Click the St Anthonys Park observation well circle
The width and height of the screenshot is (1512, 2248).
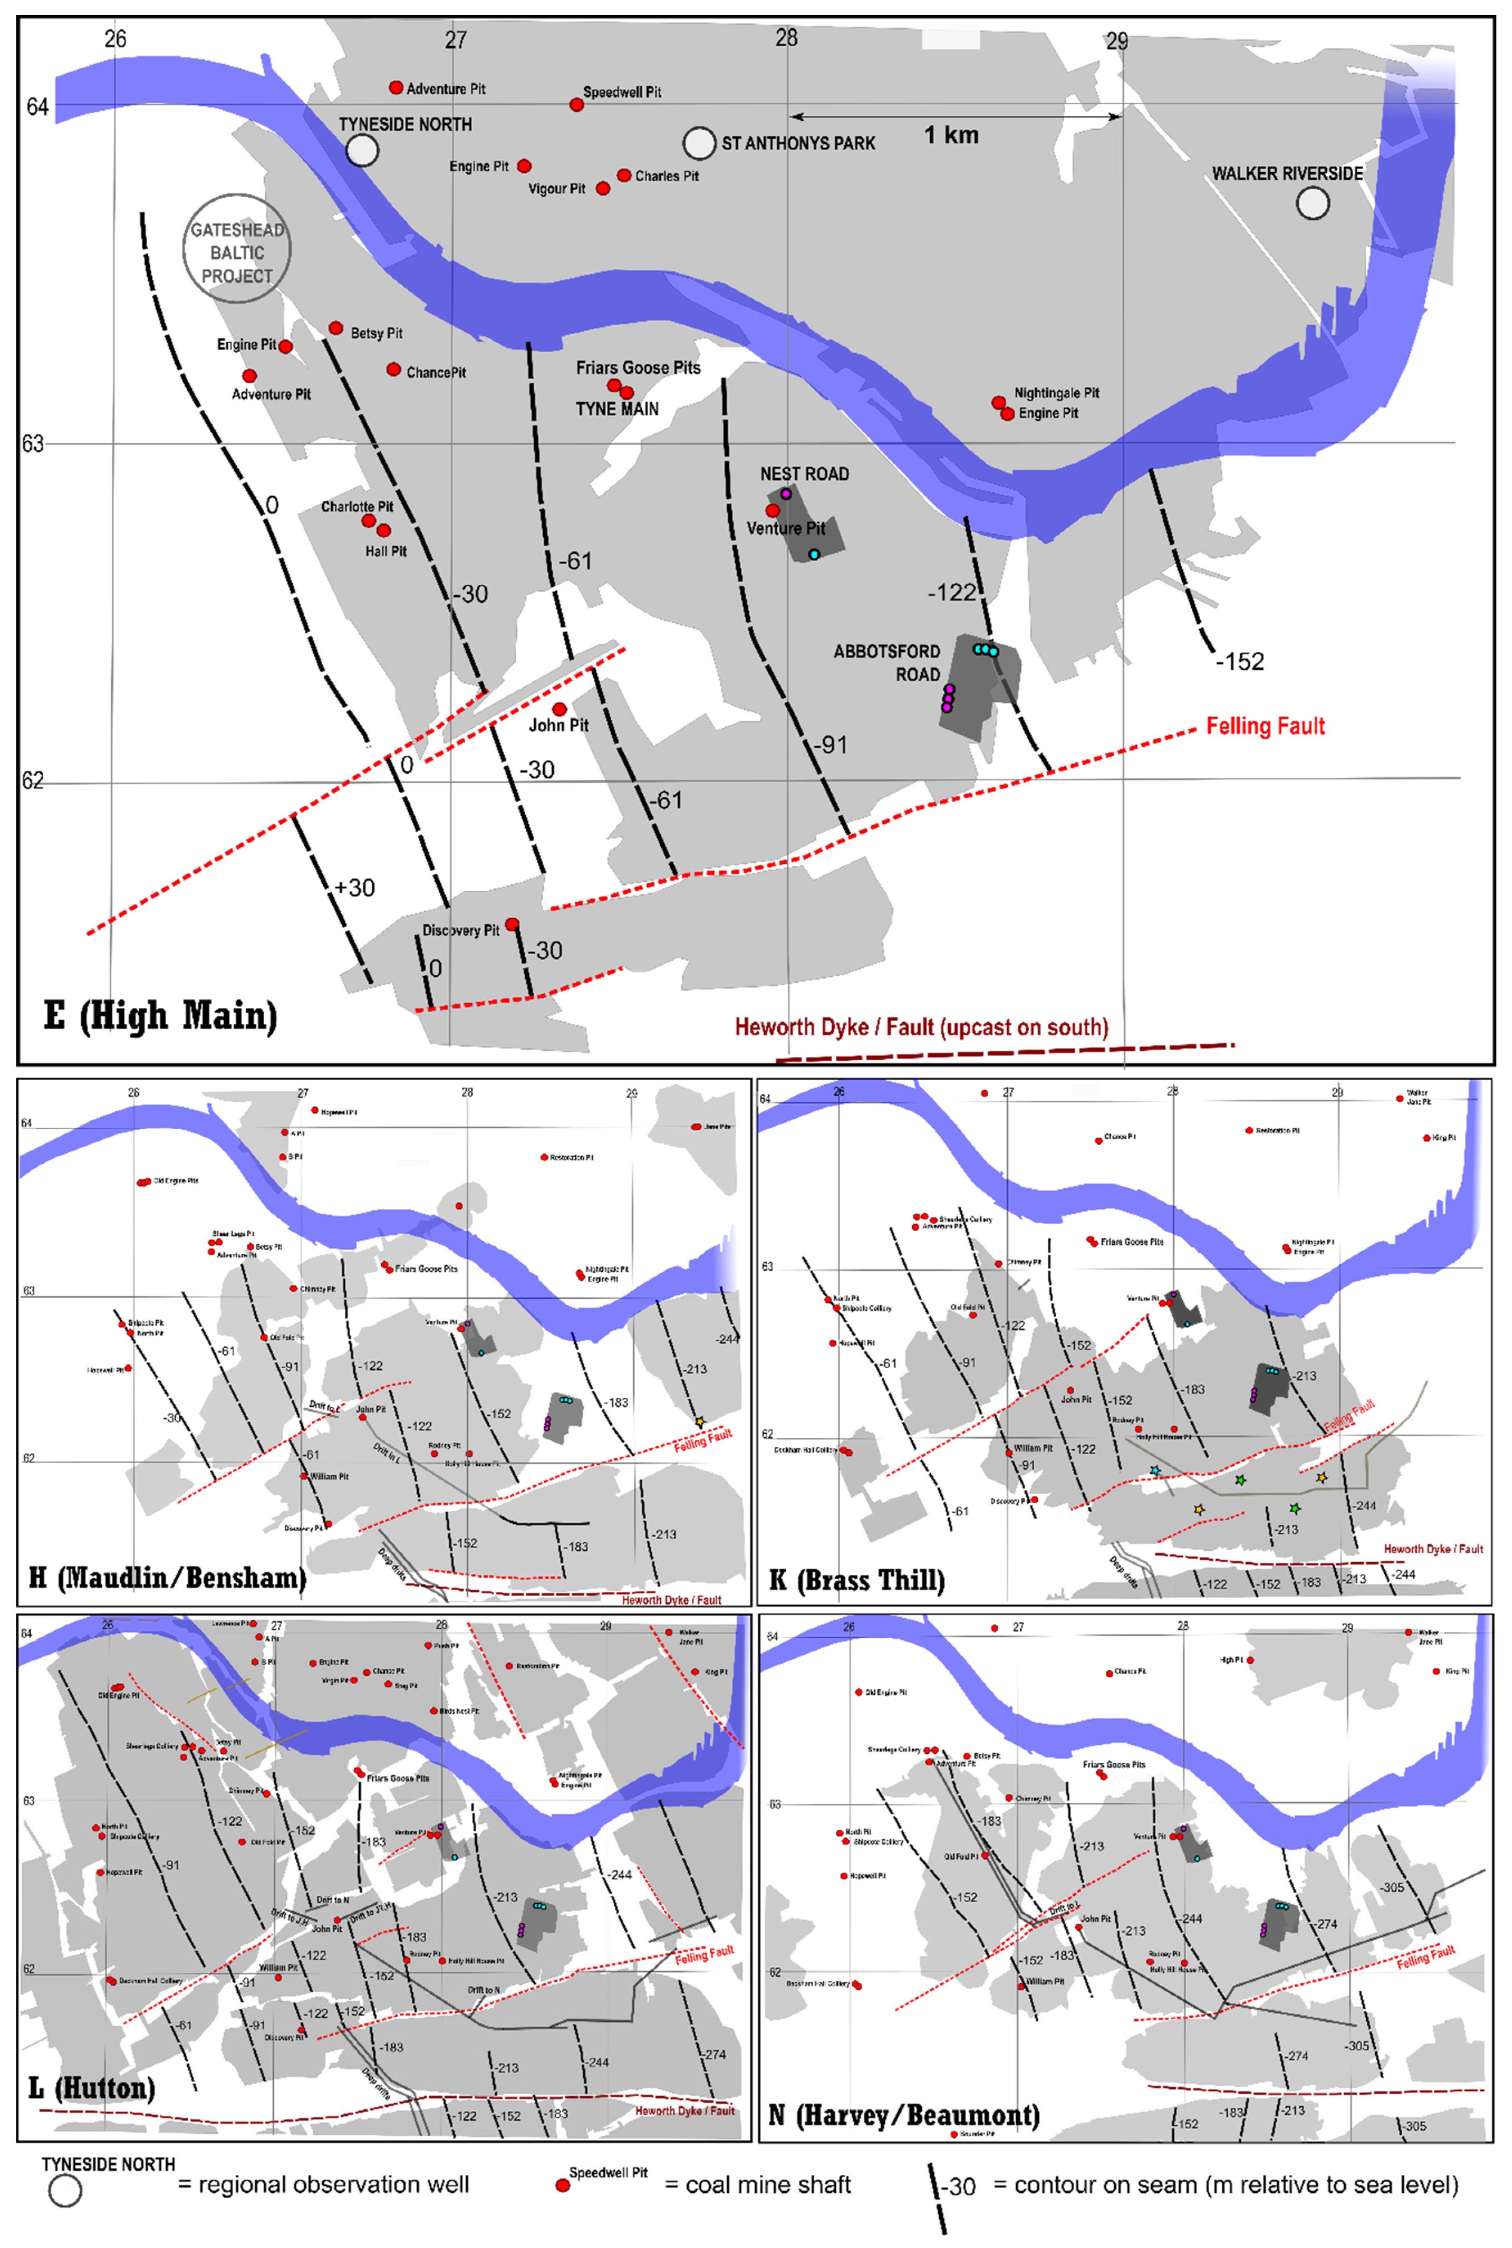[x=699, y=143]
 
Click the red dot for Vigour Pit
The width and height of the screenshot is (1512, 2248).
[x=603, y=188]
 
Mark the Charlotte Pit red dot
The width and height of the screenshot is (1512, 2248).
[x=368, y=521]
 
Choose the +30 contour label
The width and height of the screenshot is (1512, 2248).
[x=355, y=887]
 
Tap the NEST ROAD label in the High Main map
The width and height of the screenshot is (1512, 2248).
[x=804, y=473]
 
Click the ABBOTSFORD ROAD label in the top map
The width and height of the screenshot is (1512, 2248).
[x=887, y=662]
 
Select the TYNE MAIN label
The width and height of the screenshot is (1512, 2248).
[x=617, y=409]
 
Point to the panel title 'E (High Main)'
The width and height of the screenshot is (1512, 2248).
[x=160, y=1016]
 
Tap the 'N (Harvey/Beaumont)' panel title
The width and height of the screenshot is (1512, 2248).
[x=904, y=2115]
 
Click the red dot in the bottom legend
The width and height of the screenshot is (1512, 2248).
[x=562, y=2185]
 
